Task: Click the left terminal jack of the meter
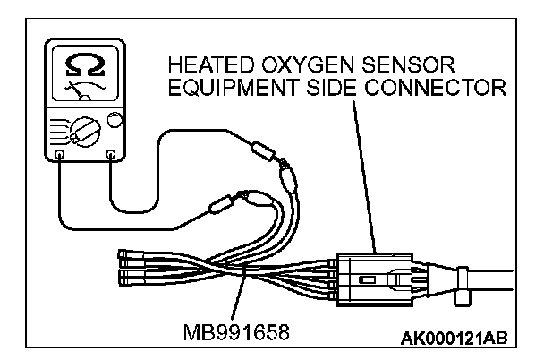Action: (x=59, y=155)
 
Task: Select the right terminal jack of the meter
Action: (x=110, y=155)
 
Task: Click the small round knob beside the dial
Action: (x=114, y=119)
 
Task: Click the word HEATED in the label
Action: (x=208, y=65)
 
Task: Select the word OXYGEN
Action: (x=302, y=65)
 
